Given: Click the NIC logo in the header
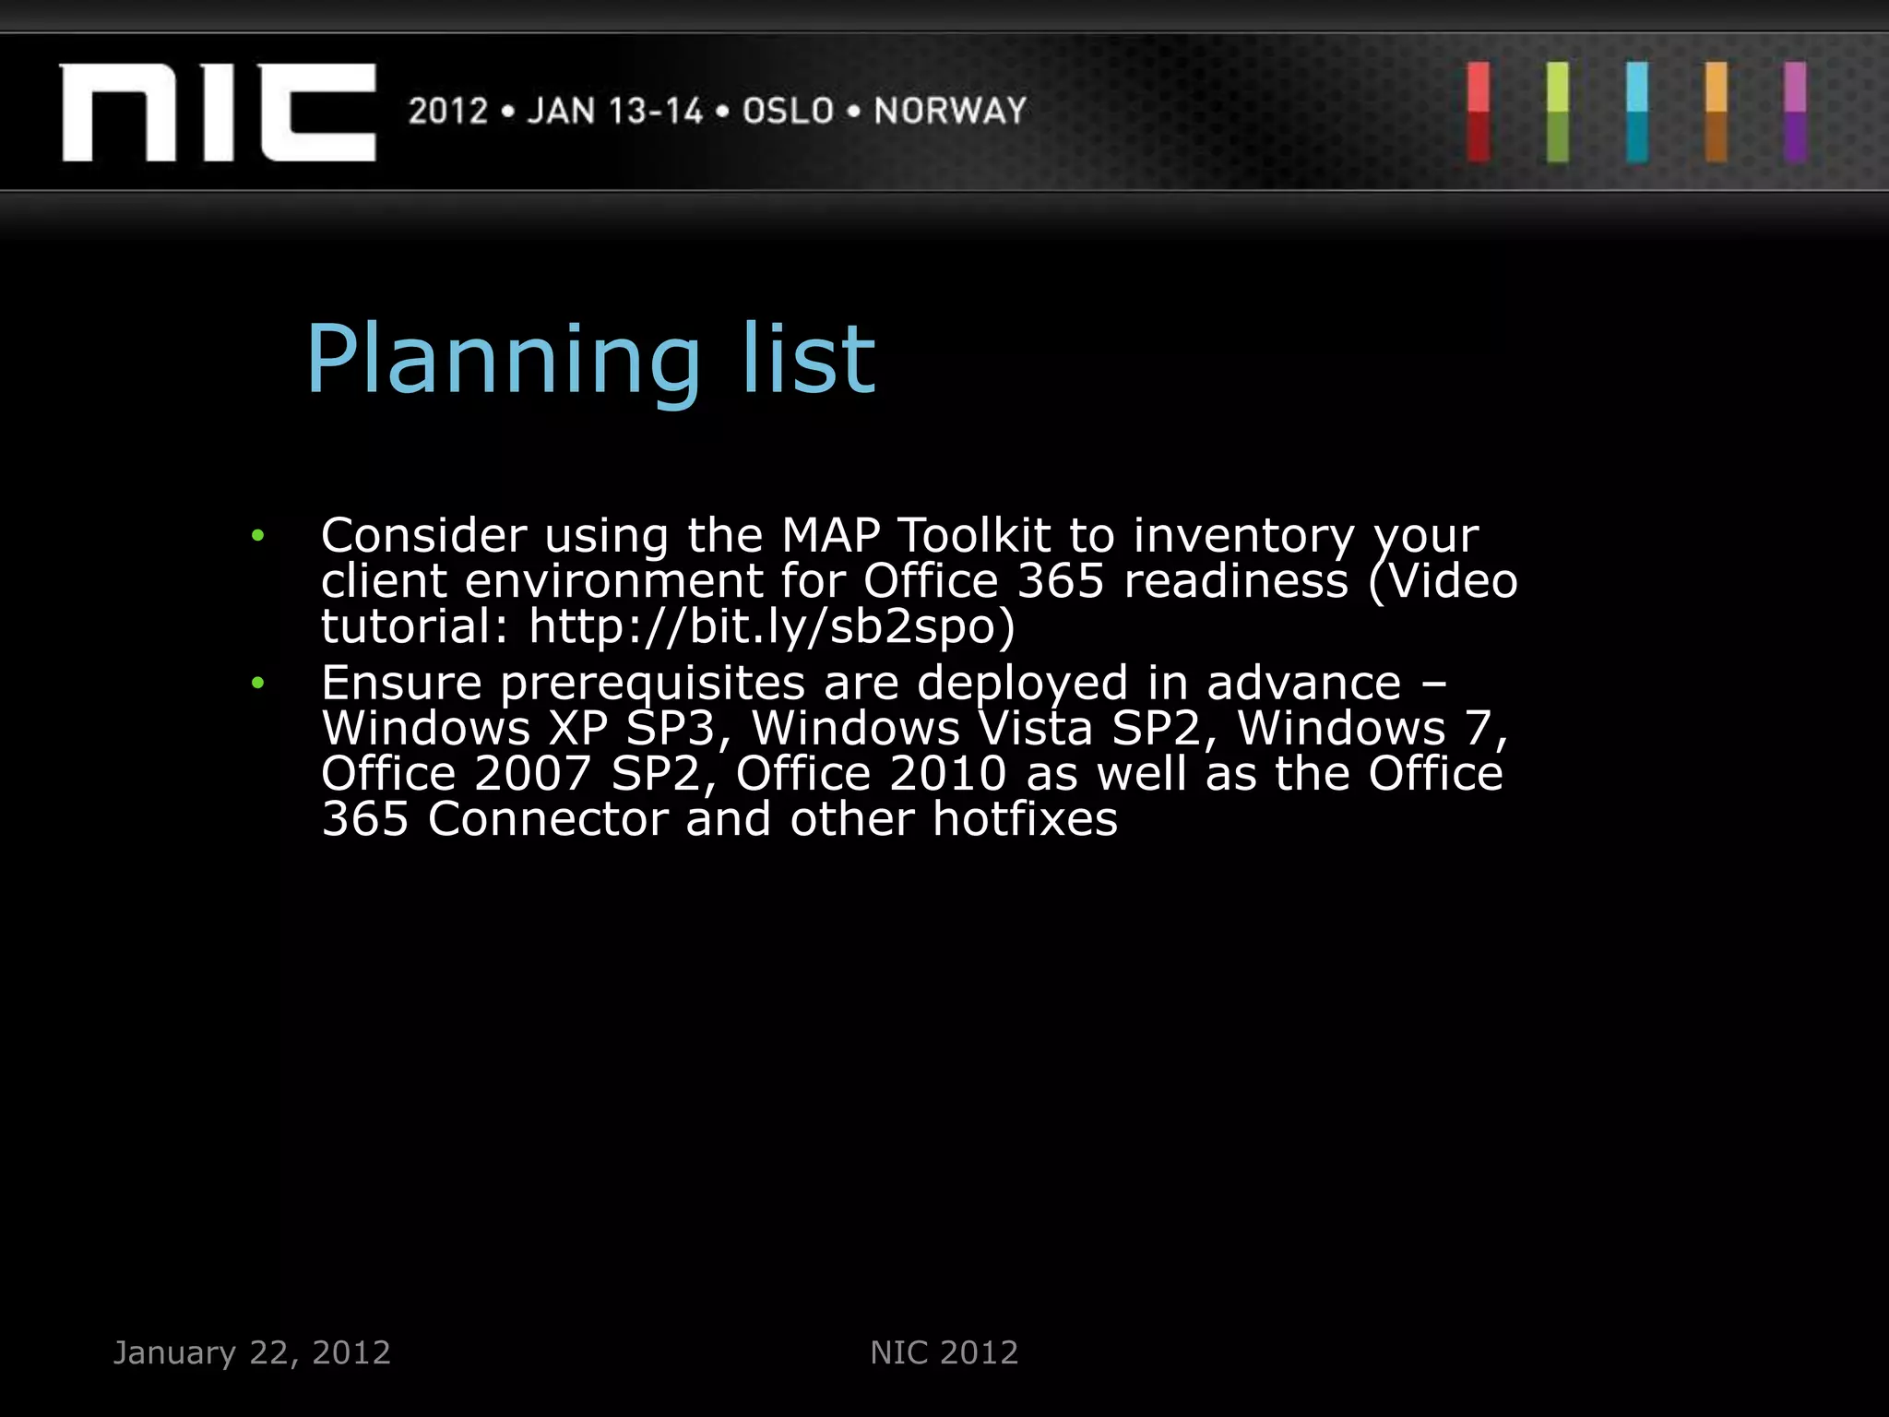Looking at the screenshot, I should [219, 112].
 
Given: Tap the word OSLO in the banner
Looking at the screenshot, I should [789, 111].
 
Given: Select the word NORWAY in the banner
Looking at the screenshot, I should [950, 111].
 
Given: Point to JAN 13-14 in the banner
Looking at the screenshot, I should [615, 111].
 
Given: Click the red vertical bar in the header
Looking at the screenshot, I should [1479, 112].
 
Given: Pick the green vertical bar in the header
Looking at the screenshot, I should [1558, 112].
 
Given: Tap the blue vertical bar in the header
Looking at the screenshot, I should [1637, 112].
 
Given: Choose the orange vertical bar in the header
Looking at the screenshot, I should [1717, 112].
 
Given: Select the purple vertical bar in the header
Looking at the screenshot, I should [1795, 112].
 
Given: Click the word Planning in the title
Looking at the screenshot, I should [504, 362].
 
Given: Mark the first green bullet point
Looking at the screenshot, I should [258, 535].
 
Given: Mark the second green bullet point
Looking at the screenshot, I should [258, 683].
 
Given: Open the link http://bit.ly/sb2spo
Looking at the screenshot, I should [771, 626].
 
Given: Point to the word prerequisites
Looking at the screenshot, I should [653, 685].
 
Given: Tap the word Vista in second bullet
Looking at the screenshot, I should [1036, 728].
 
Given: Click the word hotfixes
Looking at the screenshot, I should [1025, 819].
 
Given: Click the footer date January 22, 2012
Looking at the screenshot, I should [252, 1352].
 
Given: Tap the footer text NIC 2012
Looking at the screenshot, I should [944, 1352].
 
